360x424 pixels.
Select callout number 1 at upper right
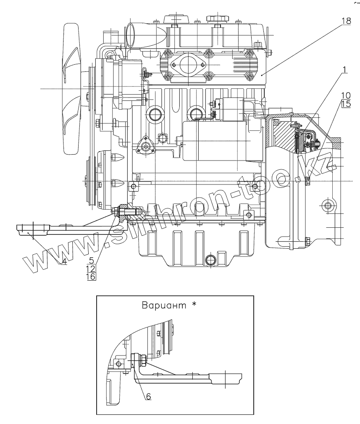344,69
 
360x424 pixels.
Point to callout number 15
346,104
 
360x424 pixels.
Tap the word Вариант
165,306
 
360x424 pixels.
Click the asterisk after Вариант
194,304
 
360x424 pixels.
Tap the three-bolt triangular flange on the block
145,145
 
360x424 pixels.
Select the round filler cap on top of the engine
216,19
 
